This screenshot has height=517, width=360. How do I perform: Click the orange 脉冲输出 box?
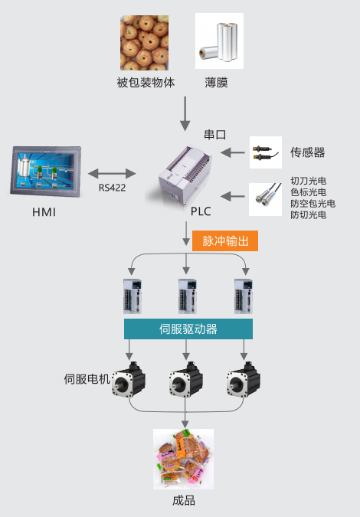225,241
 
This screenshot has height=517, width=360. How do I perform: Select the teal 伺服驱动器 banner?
188,329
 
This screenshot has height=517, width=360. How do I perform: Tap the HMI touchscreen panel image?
46,172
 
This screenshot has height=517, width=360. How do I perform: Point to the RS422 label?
112,188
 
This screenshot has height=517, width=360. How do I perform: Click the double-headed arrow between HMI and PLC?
112,173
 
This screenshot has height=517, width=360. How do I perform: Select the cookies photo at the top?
145,43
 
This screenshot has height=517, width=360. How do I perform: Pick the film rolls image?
219,41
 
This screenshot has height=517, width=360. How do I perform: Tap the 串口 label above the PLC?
215,135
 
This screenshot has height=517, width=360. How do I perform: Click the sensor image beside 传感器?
266,152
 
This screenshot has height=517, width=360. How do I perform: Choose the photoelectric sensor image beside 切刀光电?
265,199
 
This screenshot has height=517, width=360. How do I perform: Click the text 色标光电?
308,192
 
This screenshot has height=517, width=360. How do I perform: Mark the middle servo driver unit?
188,296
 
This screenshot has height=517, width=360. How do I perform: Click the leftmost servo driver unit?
133,296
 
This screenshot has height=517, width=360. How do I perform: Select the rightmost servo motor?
244,379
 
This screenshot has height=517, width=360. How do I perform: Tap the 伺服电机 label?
87,379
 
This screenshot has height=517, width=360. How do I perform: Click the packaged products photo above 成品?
183,459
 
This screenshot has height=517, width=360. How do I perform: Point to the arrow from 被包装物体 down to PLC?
185,114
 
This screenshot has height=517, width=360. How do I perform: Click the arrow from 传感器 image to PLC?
232,152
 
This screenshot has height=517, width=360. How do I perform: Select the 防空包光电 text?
313,204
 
